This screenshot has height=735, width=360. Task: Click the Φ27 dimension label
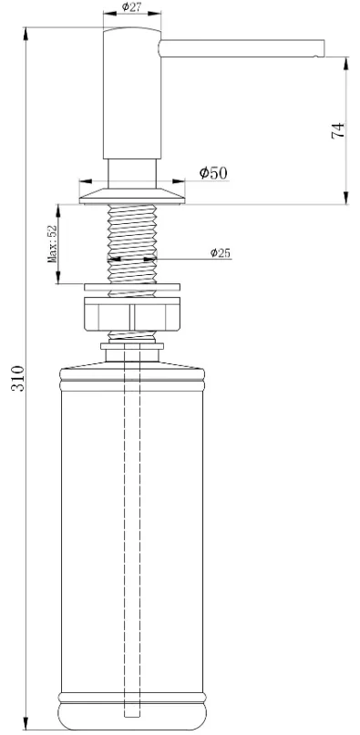point(131,6)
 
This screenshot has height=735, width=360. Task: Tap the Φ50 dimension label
point(213,173)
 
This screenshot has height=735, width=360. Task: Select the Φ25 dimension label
point(221,252)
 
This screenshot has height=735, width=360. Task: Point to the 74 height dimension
point(338,131)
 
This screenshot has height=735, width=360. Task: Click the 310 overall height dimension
point(17,378)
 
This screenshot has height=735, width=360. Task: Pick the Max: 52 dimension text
point(52,243)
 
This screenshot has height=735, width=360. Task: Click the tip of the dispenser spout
point(324,49)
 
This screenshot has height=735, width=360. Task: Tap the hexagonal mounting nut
point(131,314)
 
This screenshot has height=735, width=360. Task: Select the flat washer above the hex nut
point(132,287)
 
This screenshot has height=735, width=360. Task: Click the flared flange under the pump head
point(132,197)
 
